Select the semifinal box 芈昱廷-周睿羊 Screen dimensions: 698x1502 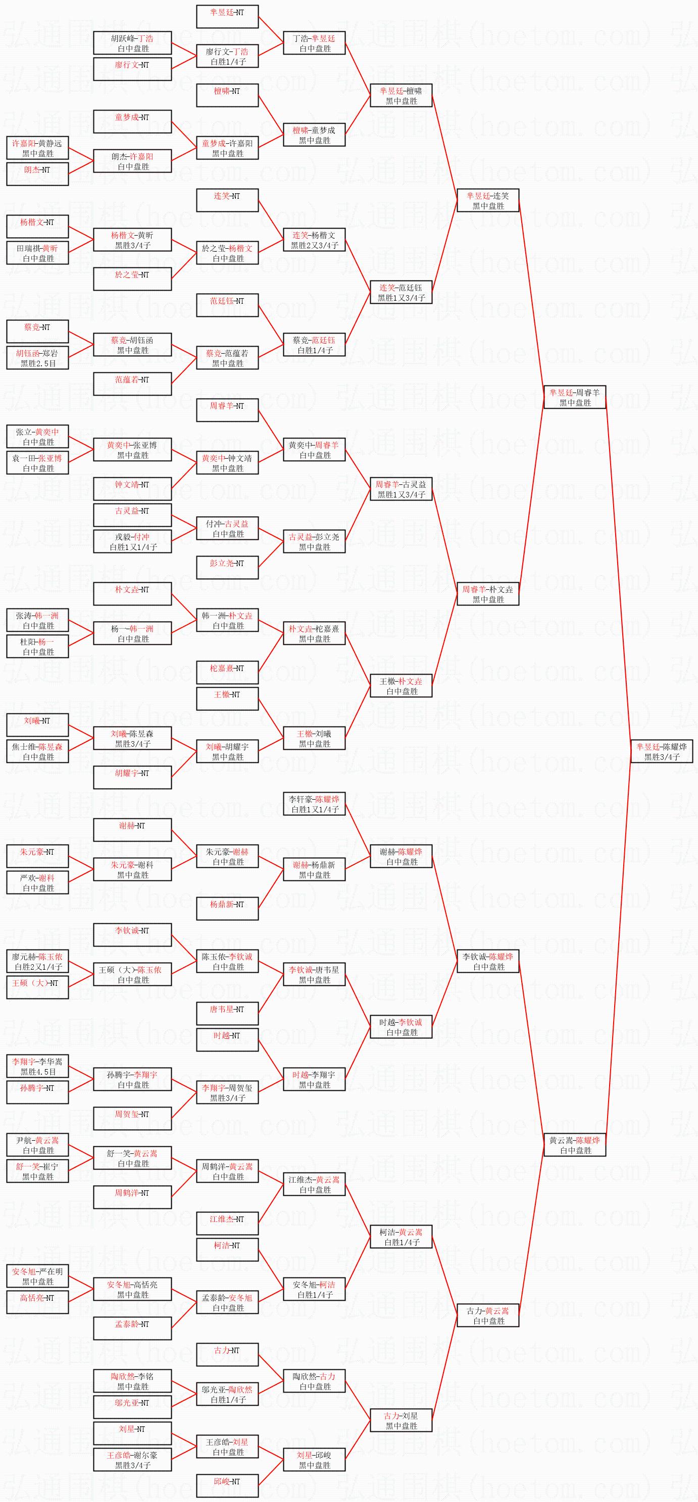(x=575, y=397)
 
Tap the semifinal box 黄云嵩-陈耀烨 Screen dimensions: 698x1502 (x=575, y=1145)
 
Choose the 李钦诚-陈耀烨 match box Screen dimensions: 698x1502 (x=488, y=961)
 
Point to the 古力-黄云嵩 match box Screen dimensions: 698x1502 (x=488, y=1315)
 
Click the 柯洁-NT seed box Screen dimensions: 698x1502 (x=227, y=1250)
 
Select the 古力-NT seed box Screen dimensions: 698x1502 (x=227, y=1355)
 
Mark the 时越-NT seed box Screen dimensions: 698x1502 (x=227, y=1040)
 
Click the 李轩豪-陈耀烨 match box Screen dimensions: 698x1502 (x=314, y=804)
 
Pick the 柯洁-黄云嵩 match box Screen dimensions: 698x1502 (x=401, y=1237)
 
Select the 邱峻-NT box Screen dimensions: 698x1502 (x=227, y=1486)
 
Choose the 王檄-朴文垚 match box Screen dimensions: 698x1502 (x=401, y=686)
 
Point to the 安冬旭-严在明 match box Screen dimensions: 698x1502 (x=37, y=1276)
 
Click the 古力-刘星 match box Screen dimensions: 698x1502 (x=401, y=1420)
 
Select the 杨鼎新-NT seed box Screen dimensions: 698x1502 (x=227, y=909)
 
